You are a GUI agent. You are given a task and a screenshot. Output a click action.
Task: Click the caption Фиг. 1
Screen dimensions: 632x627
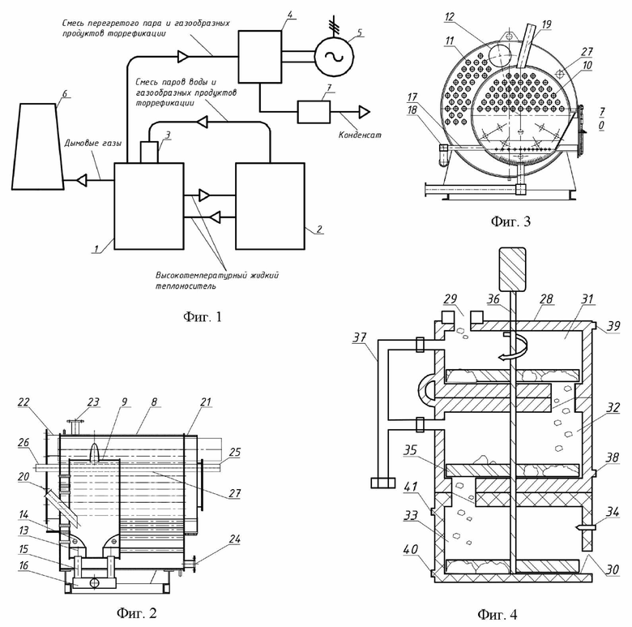pos(203,316)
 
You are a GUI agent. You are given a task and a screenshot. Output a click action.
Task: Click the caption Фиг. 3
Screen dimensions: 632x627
pos(510,221)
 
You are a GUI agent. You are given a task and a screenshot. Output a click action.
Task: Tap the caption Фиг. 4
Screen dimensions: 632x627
pos(497,615)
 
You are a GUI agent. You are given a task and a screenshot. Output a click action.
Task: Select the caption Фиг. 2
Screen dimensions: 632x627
pos(136,613)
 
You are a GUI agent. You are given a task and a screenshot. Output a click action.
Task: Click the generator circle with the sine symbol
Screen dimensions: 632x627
pos(334,57)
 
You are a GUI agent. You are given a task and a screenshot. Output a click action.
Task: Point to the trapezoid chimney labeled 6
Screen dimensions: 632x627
pos(37,147)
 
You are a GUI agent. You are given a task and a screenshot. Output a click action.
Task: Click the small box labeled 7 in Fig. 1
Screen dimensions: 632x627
pos(314,112)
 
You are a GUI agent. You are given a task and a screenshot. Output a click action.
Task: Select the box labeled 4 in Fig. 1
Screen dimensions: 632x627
pos(260,57)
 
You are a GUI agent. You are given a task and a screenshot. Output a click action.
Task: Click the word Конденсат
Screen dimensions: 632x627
pos(360,135)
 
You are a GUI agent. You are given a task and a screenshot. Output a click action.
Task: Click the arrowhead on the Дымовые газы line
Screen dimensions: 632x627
pos(82,180)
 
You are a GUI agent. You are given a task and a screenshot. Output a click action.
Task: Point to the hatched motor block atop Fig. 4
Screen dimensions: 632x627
pos(512,269)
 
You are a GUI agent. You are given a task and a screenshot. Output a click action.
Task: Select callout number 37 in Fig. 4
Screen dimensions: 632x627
pos(360,337)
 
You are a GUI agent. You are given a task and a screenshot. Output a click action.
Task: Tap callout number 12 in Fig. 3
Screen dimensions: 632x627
pos(450,17)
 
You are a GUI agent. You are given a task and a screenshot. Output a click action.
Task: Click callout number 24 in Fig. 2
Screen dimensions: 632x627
pos(235,539)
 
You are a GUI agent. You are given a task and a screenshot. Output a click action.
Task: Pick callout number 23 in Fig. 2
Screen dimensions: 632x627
pos(93,402)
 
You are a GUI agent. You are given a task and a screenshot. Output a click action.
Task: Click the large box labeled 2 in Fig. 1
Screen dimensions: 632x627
pos(270,206)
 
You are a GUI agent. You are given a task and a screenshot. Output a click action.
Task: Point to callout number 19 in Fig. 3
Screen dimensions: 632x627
pos(547,24)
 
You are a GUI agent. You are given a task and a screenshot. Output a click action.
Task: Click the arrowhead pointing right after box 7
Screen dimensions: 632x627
pos(365,112)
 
